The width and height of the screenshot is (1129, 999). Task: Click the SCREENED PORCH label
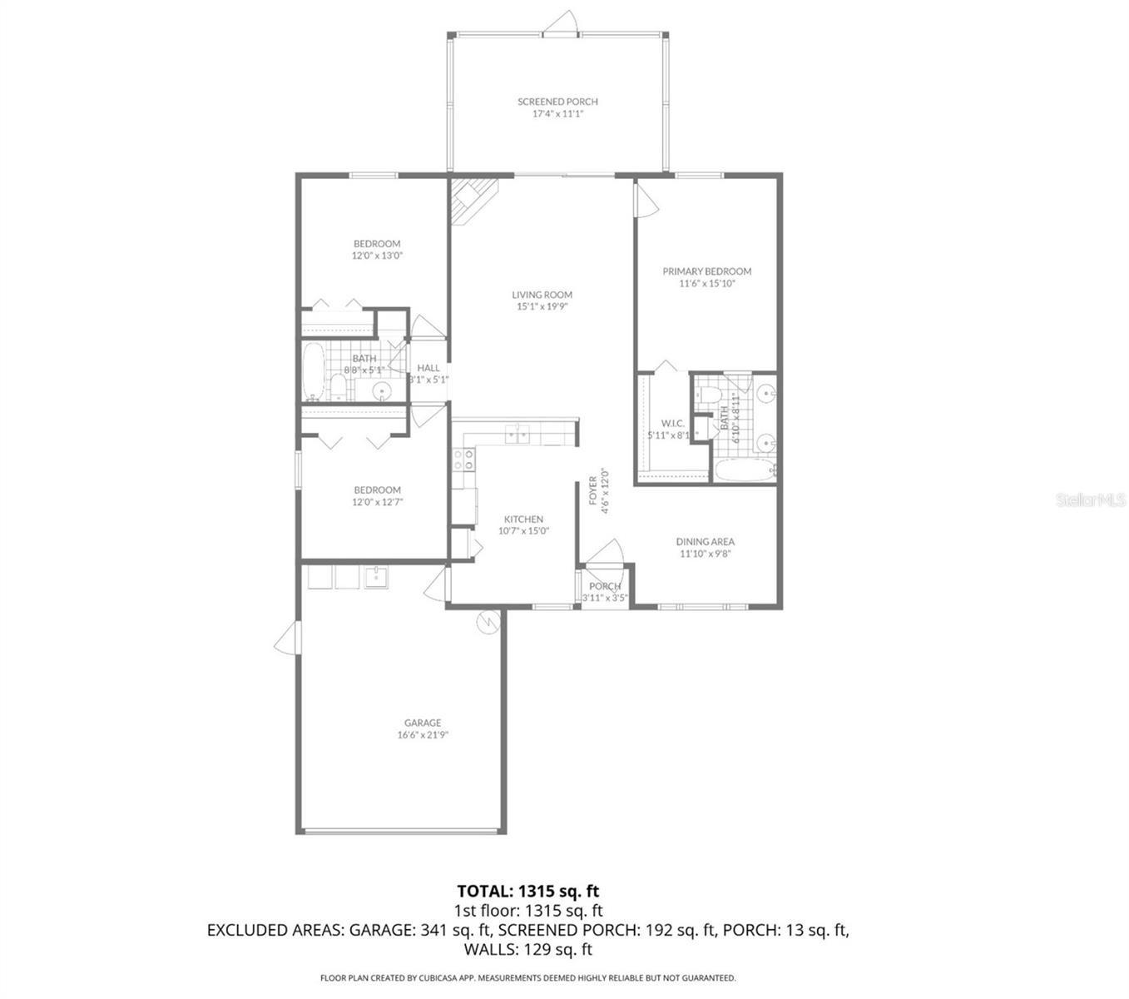557,102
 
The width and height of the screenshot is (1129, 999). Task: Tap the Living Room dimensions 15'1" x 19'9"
542,306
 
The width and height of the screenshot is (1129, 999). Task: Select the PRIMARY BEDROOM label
706,271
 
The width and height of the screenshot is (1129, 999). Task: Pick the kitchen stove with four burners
463,460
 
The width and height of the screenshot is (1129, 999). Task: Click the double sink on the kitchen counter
519,434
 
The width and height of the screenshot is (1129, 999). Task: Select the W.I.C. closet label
672,424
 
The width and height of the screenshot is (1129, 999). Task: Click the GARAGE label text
423,723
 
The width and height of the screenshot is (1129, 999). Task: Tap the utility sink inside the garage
376,576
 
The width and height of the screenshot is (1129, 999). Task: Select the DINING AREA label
705,542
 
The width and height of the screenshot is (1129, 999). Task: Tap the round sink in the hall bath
382,390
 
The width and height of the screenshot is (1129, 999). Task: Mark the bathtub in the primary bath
745,471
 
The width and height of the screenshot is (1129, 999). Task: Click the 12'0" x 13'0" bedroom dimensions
377,256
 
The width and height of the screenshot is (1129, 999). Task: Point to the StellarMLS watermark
1090,499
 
